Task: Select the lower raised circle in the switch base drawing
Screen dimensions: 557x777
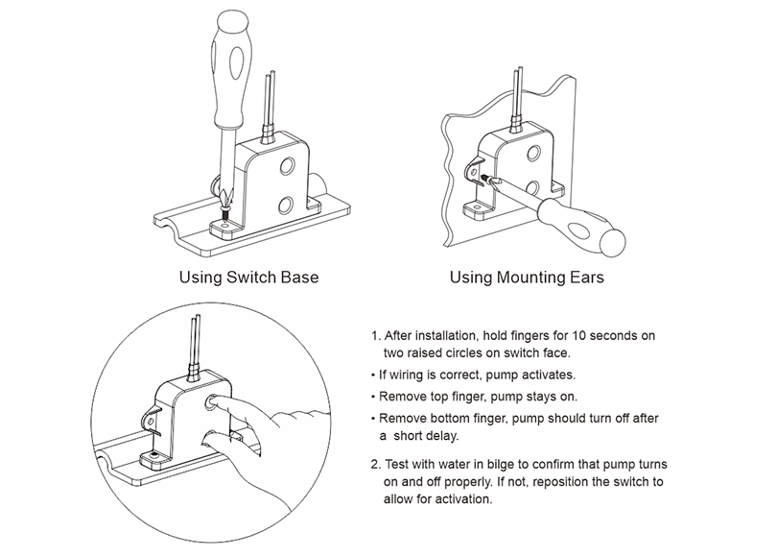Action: click(285, 204)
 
